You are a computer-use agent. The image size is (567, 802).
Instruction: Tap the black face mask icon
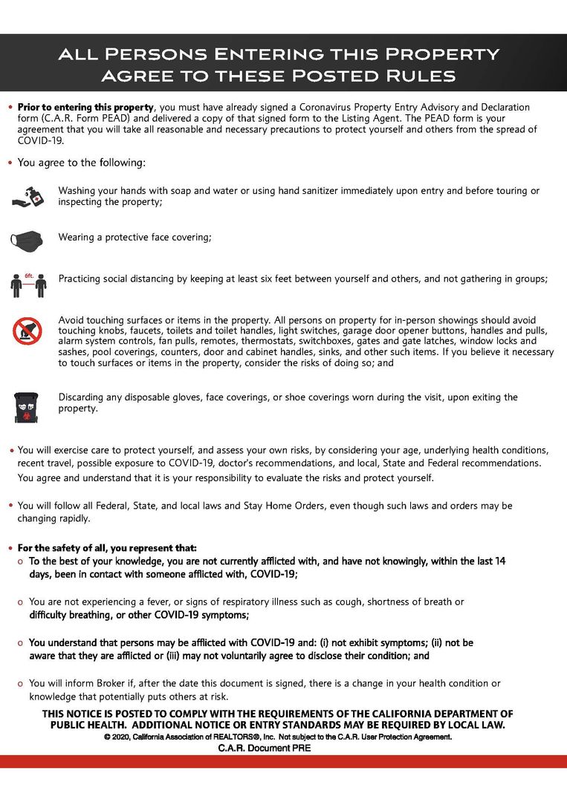tap(27, 239)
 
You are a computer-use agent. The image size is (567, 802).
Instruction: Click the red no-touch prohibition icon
tap(27, 331)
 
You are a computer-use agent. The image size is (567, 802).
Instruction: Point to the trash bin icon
tap(27, 405)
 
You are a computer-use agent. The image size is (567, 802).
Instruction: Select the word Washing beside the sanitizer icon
tap(78, 191)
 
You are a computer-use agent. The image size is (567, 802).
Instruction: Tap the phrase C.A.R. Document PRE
tap(264, 749)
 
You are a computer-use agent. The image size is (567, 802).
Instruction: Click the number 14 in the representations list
tap(499, 561)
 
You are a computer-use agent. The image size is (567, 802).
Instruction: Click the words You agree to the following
tap(82, 162)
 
